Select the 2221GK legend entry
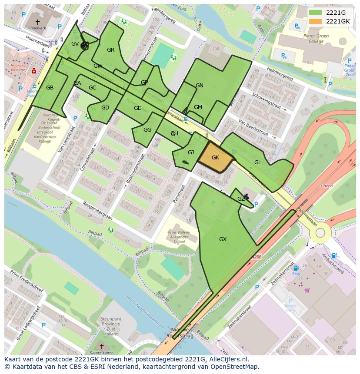click(337, 21)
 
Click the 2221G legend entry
click(336, 13)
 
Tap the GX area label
click(223, 239)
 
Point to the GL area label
click(258, 162)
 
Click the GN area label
click(200, 86)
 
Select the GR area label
click(111, 50)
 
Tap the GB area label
click(50, 88)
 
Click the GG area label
click(147, 130)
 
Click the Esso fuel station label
click(296, 275)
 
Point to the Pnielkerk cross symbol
click(37, 21)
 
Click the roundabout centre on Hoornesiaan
click(320, 232)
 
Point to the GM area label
click(198, 107)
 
